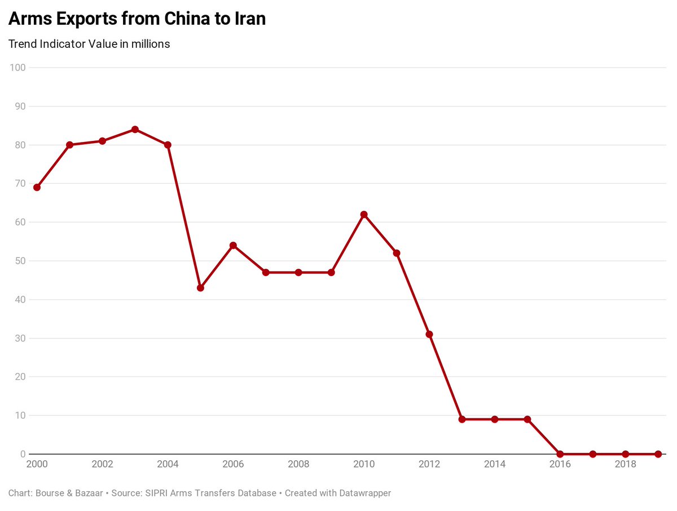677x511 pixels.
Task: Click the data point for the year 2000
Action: tap(37, 187)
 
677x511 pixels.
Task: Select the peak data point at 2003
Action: tap(135, 130)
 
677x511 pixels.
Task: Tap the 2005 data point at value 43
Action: tap(200, 288)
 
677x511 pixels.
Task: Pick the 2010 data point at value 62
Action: tap(364, 215)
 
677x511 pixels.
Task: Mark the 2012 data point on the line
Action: tap(429, 334)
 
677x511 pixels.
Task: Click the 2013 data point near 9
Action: tap(462, 419)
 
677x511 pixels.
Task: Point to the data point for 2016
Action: tap(560, 454)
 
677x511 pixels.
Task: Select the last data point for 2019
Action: tap(658, 454)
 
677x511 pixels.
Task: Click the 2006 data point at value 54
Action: tap(233, 246)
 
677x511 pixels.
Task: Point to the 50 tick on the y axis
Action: tap(20, 261)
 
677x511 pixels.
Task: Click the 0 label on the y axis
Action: tap(23, 454)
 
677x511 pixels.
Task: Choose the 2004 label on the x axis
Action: tap(168, 464)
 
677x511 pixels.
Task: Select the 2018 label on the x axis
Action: tap(625, 464)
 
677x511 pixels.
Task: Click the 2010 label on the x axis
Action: tap(364, 464)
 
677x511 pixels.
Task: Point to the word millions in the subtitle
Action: tap(150, 44)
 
